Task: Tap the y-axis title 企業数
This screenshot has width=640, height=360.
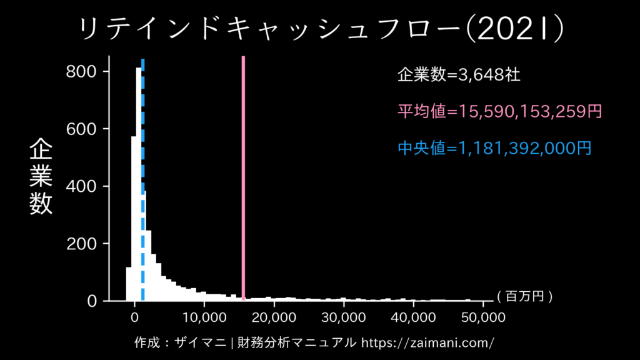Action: coord(41,177)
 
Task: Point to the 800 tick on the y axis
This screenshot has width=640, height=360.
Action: coord(82,71)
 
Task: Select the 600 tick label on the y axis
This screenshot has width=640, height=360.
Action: coord(82,129)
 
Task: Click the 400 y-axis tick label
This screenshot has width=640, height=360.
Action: coord(82,186)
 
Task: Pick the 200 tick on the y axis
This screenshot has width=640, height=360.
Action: coord(82,243)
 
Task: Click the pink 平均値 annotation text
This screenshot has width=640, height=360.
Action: coord(499,112)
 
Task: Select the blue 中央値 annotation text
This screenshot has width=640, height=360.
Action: coord(494,149)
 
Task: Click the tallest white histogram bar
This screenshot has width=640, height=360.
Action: coord(139,187)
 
